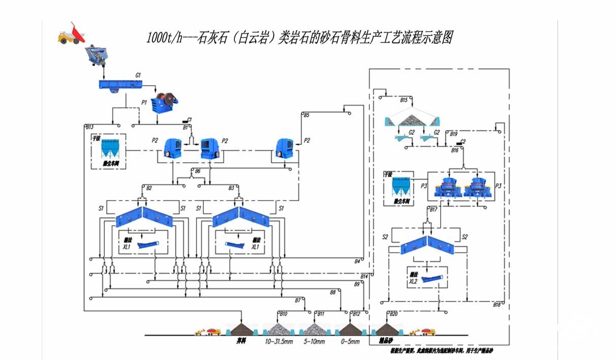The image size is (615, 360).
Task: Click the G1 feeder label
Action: tap(138, 75)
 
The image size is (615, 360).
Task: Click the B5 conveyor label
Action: tap(306, 115)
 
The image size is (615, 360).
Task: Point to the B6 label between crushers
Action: tap(198, 171)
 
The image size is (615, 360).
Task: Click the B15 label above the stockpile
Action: tap(404, 100)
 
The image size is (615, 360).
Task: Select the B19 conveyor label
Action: tap(454, 134)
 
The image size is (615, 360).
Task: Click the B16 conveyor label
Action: tap(454, 151)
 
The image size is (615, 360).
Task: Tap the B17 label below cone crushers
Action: tap(433, 209)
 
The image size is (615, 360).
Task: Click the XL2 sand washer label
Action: tap(413, 281)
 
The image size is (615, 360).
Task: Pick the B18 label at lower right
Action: tap(497, 304)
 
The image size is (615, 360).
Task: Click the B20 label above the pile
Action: tap(393, 314)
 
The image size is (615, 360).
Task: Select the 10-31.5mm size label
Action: tap(279, 342)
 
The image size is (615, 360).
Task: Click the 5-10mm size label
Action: tap(314, 342)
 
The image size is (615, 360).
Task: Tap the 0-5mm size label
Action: tap(350, 342)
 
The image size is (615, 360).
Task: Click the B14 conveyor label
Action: tap(364, 276)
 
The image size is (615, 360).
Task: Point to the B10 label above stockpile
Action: tap(283, 314)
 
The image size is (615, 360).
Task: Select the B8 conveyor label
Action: tap(332, 292)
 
